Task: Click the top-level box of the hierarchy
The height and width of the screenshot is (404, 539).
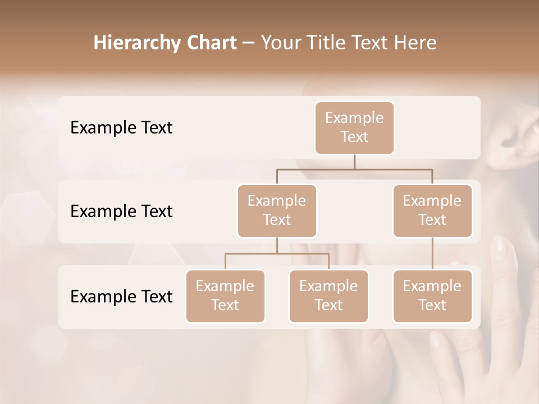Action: click(x=354, y=127)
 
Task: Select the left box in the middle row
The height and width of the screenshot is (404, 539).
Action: click(x=277, y=210)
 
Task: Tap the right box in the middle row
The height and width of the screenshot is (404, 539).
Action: click(x=432, y=210)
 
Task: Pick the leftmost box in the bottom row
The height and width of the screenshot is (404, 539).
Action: click(x=225, y=296)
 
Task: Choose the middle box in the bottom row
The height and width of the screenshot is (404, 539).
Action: click(x=328, y=296)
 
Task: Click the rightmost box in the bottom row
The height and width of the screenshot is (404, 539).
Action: click(x=432, y=296)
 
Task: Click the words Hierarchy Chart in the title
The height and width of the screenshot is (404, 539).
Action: click(x=165, y=43)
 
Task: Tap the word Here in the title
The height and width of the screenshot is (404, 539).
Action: click(x=415, y=43)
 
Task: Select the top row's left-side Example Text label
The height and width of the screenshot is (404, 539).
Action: click(x=121, y=128)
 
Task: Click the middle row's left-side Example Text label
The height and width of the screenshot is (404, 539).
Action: click(x=121, y=212)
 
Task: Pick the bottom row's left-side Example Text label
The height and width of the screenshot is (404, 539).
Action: click(x=121, y=296)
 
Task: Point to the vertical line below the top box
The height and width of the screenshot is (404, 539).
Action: click(x=354, y=162)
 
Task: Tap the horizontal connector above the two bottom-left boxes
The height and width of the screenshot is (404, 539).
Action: click(x=277, y=254)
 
